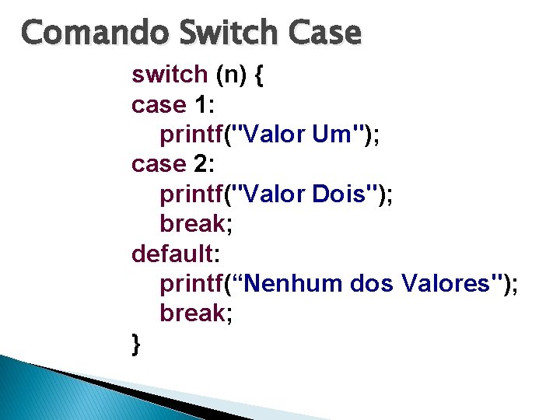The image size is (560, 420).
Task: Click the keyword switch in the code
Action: click(169, 75)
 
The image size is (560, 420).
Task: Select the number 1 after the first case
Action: click(201, 104)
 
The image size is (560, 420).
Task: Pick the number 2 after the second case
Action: click(201, 164)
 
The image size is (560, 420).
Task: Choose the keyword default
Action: click(171, 254)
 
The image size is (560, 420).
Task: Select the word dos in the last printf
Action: click(373, 284)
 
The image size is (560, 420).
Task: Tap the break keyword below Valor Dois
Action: click(192, 224)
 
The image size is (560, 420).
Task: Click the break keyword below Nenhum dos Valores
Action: click(192, 313)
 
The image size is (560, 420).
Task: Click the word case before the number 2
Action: click(159, 164)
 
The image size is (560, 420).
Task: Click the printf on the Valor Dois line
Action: click(191, 194)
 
